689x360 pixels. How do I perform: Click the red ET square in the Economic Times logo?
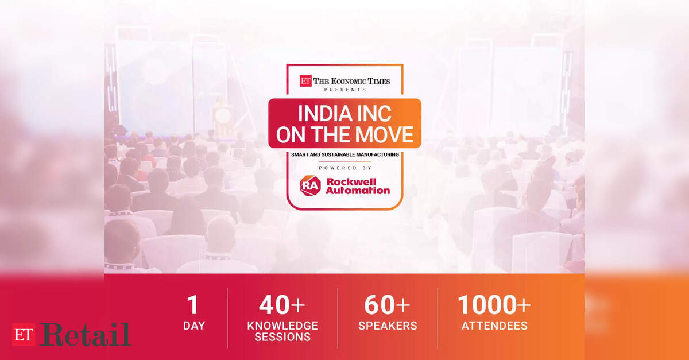pos(305,81)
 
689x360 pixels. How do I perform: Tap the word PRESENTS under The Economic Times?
pos(345,90)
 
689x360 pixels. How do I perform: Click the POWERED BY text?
pos(345,168)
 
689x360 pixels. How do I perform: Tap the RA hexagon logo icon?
pos(310,185)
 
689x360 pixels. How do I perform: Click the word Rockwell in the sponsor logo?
pos(351,182)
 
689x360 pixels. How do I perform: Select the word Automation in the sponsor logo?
pos(358,191)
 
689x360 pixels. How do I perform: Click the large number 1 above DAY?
pos(193,305)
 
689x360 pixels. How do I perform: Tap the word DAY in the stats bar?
pos(194,326)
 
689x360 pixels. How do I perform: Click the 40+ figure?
pos(282,305)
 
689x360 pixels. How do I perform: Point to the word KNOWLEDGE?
pos(282,326)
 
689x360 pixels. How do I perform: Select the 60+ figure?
pos(387,305)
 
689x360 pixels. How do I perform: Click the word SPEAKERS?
pos(388,326)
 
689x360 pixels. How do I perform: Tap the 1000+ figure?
pos(494,305)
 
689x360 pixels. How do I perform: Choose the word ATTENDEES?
pos(494,326)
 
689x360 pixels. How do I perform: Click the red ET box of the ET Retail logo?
pos(24,335)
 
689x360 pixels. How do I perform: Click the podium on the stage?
pos(222,120)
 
